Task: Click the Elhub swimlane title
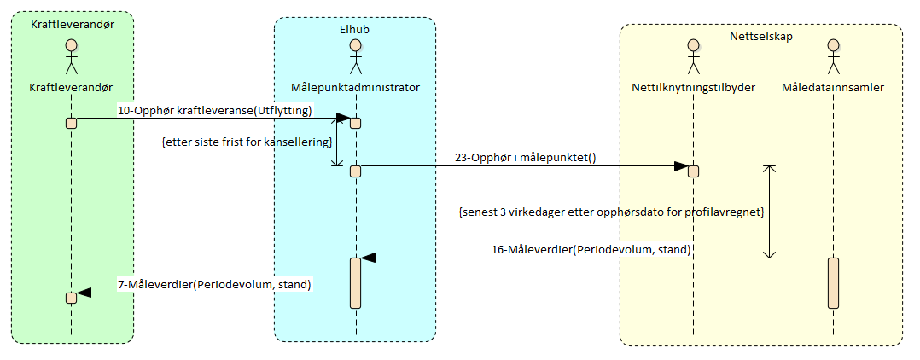click(355, 30)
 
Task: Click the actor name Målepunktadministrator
click(355, 87)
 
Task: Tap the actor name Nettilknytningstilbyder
click(694, 87)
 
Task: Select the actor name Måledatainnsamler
click(833, 87)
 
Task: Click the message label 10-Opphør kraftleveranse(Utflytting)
click(215, 111)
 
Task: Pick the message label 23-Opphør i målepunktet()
click(522, 158)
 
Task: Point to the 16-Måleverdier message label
click(591, 249)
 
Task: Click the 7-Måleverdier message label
click(214, 283)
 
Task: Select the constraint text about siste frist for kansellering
click(246, 142)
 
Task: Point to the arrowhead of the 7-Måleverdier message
click(83, 293)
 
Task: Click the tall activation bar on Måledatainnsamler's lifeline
click(833, 282)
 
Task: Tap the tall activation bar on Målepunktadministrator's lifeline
click(355, 281)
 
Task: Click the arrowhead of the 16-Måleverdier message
click(366, 257)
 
